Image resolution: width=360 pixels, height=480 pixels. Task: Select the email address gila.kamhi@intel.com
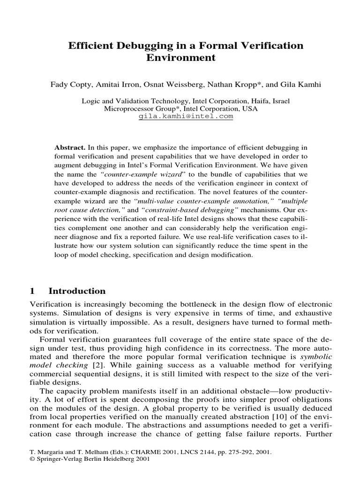186,116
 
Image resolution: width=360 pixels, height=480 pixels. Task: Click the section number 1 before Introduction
32,291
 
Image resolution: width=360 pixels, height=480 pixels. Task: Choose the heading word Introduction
77,291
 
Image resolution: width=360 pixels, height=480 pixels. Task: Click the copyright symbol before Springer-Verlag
31,460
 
